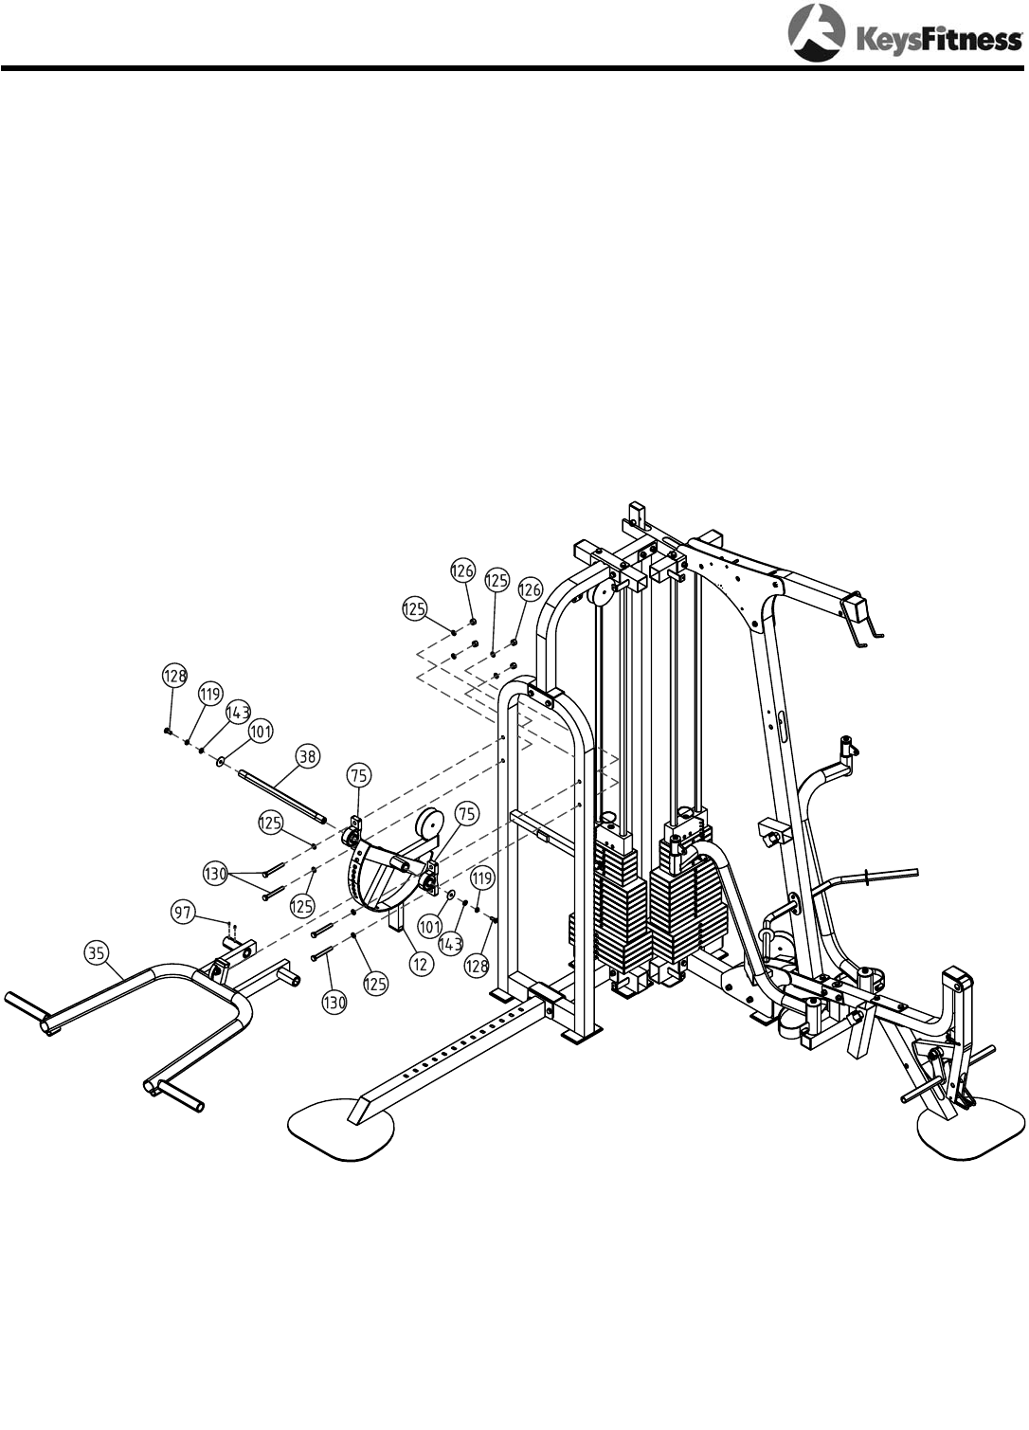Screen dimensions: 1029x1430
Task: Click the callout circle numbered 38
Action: (x=308, y=756)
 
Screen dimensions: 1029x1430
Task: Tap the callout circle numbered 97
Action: (x=184, y=913)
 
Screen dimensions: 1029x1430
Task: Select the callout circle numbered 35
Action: (x=96, y=953)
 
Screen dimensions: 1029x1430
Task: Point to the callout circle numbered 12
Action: (x=420, y=964)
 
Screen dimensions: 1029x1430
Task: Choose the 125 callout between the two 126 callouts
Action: (x=496, y=580)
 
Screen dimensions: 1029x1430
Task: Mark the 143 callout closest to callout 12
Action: (x=451, y=944)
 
